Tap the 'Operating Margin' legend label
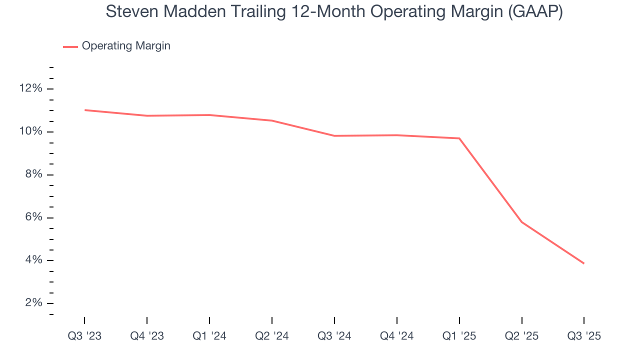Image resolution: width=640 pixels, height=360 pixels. click(x=126, y=46)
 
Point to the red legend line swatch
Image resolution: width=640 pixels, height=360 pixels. click(x=70, y=46)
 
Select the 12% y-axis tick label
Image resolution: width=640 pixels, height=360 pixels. click(x=31, y=88)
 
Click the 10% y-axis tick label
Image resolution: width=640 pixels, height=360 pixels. click(x=31, y=131)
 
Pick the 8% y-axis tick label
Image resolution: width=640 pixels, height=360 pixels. click(x=33, y=174)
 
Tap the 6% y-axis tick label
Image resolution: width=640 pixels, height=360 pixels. click(x=33, y=217)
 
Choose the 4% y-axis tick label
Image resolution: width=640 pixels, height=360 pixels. click(x=33, y=260)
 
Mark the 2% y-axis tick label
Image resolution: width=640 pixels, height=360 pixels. click(x=33, y=303)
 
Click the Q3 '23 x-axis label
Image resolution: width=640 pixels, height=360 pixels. click(x=84, y=336)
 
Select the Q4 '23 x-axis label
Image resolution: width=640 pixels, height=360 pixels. click(x=147, y=336)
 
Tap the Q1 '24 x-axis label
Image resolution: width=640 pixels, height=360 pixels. click(x=209, y=336)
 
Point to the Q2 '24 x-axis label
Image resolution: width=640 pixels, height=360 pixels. click(x=272, y=336)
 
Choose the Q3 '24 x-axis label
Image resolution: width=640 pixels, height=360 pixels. click(x=334, y=336)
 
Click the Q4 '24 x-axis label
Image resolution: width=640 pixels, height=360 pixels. click(x=397, y=336)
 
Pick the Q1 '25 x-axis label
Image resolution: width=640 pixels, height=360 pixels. click(x=459, y=336)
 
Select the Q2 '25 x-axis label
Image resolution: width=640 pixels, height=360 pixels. click(x=522, y=336)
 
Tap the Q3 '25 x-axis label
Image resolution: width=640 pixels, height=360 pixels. click(x=584, y=336)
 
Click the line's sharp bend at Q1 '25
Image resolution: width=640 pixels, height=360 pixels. click(x=459, y=138)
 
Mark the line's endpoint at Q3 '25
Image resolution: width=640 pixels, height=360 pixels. click(x=584, y=263)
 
